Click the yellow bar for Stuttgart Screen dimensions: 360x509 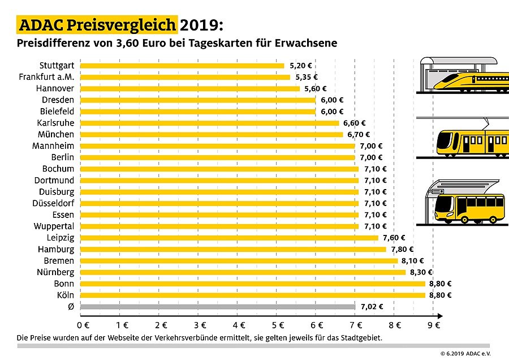[183, 66]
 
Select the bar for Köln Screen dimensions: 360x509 [253, 295]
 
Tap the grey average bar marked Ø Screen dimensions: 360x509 [218, 306]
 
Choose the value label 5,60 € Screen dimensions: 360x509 [316, 89]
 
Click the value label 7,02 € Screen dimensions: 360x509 [372, 307]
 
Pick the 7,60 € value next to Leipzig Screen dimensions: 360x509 [394, 238]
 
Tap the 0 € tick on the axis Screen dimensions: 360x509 [83, 325]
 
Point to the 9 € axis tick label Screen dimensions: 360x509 [434, 325]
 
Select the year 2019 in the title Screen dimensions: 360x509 [201, 25]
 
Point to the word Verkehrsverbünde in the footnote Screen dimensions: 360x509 [204, 338]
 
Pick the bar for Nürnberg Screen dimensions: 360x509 [243, 272]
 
